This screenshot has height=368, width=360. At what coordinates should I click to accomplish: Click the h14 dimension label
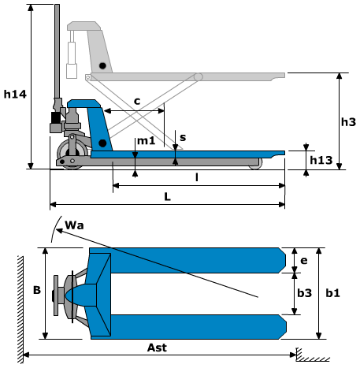click(x=15, y=95)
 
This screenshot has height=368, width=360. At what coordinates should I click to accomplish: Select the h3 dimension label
click(x=348, y=121)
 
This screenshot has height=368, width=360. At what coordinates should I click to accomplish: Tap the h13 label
click(x=321, y=160)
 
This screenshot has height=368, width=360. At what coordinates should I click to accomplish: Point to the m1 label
click(x=147, y=141)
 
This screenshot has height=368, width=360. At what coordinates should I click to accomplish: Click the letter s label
click(x=183, y=137)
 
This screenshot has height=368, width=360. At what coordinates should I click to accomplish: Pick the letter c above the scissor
click(x=137, y=101)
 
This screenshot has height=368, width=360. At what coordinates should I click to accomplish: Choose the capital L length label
click(x=167, y=196)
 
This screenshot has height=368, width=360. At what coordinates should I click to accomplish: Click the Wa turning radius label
click(x=74, y=225)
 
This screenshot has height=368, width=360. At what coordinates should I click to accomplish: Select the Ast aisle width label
click(x=157, y=348)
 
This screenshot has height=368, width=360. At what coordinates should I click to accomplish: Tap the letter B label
click(x=37, y=290)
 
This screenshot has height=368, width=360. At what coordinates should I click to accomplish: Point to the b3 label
click(x=304, y=293)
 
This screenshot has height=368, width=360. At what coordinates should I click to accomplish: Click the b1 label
click(x=332, y=293)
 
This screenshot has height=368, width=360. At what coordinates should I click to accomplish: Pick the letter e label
click(x=303, y=261)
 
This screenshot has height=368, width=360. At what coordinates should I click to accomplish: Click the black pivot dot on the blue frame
click(x=102, y=143)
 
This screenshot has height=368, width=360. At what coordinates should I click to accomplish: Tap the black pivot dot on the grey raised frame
click(x=102, y=65)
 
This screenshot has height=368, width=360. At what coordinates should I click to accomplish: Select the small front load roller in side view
click(x=256, y=164)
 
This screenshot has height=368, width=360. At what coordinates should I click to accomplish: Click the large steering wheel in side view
click(x=72, y=154)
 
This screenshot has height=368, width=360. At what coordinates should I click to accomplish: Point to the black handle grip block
click(x=55, y=117)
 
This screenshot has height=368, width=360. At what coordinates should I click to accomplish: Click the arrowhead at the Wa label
click(x=59, y=231)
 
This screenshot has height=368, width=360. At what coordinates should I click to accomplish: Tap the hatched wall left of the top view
click(x=20, y=310)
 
